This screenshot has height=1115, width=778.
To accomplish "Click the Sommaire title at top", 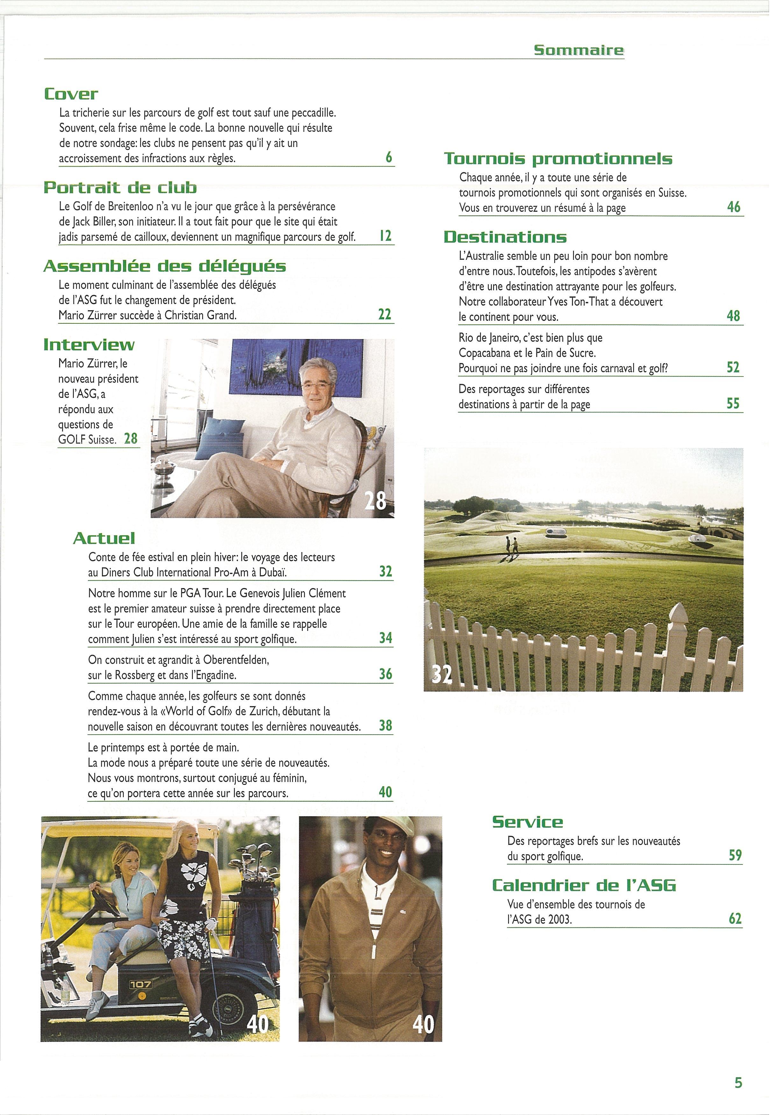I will (578, 51).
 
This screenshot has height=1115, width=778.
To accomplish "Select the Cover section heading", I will (71, 94).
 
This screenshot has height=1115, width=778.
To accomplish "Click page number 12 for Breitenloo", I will (385, 237).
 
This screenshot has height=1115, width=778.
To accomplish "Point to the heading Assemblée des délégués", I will (165, 266).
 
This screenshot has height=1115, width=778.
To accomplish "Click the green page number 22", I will (385, 314).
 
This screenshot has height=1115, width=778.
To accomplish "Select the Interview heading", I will (89, 345).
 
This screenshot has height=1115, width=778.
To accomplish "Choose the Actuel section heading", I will (104, 538).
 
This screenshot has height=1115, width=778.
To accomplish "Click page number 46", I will (734, 207).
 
